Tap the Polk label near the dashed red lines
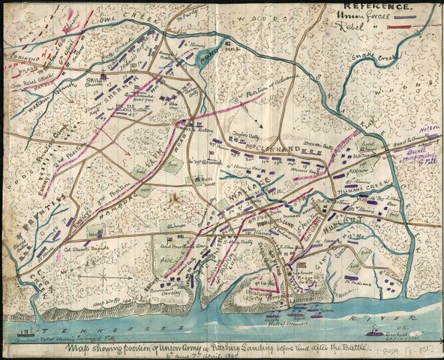click(16, 34)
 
